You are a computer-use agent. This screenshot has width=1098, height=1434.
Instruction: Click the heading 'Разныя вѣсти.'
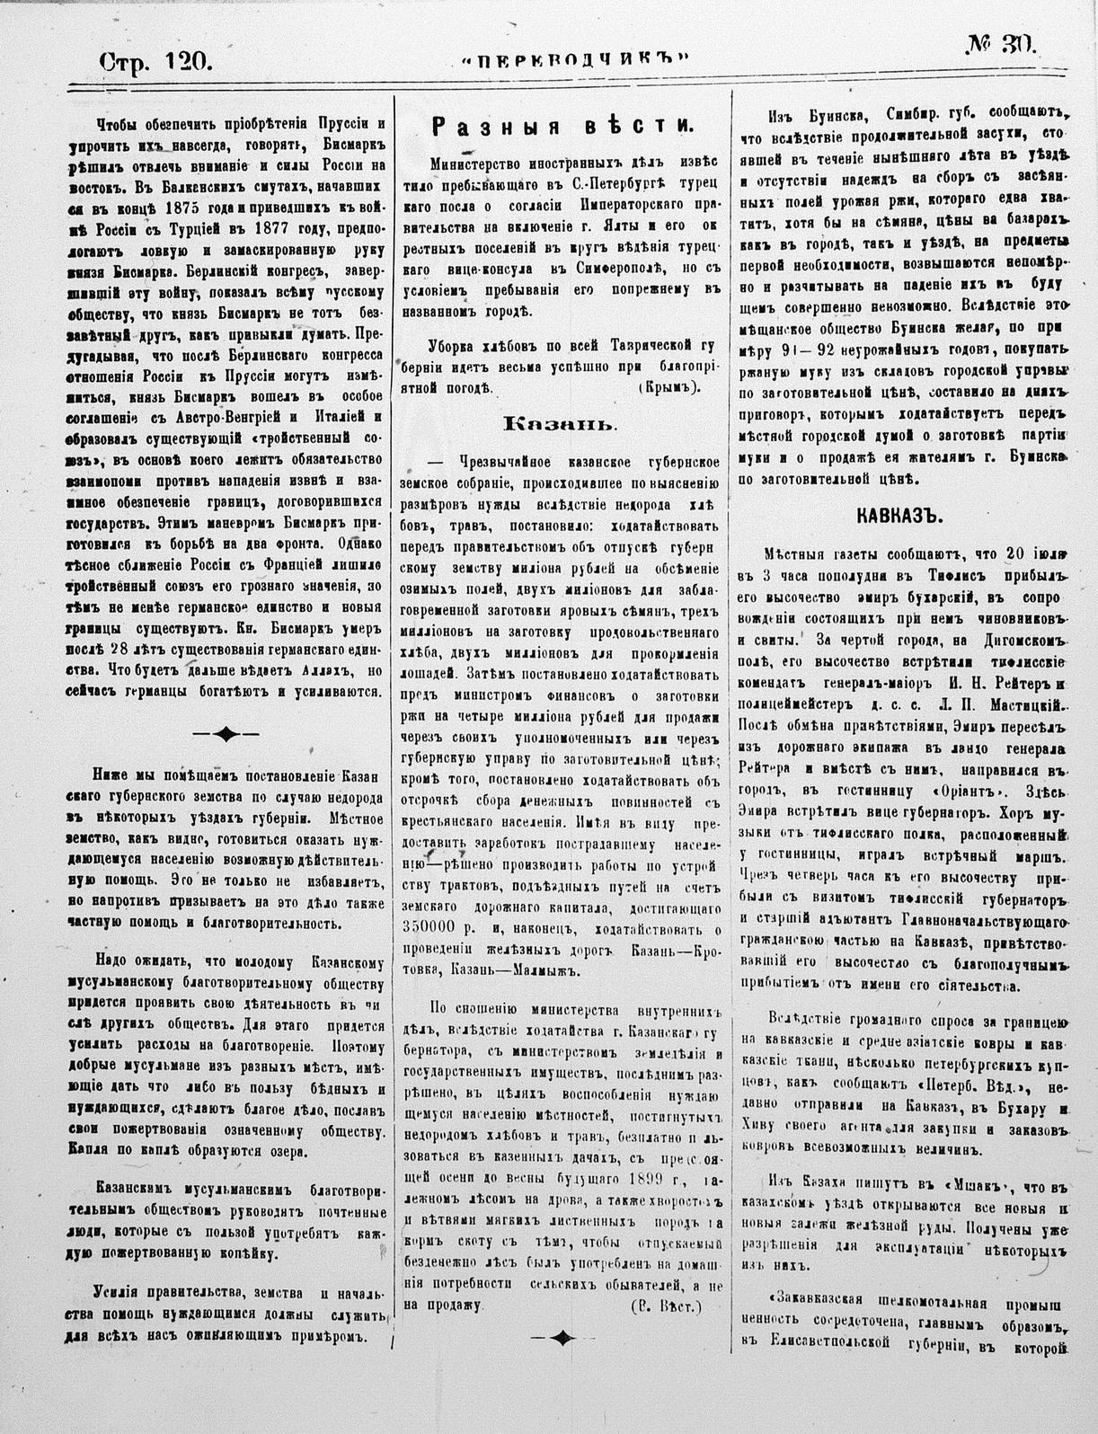click(562, 127)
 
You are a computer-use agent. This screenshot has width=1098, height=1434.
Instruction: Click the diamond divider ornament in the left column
click(226, 733)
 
